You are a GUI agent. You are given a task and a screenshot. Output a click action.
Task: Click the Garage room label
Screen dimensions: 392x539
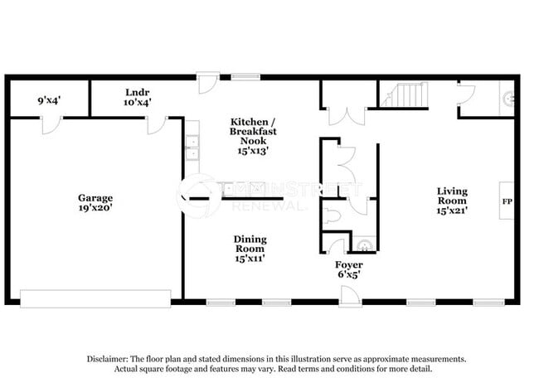[x=96, y=198]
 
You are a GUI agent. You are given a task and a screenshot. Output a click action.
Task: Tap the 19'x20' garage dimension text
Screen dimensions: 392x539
[x=96, y=209]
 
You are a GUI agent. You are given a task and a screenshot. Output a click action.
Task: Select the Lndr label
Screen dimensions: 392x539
[x=137, y=92]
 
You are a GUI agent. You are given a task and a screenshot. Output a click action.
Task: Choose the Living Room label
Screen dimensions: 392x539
[x=452, y=196]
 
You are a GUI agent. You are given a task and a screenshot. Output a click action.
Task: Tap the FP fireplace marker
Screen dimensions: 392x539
[x=506, y=201]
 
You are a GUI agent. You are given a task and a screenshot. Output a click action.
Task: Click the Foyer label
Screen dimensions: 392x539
[x=347, y=264]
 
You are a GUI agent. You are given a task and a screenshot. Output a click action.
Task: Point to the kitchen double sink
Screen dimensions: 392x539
[x=192, y=148]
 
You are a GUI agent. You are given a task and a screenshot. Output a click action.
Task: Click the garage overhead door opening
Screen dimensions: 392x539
[x=95, y=296]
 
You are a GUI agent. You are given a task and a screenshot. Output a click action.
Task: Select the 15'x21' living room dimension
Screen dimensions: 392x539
[x=452, y=211]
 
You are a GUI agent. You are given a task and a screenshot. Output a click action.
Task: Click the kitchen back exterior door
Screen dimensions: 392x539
[x=206, y=83]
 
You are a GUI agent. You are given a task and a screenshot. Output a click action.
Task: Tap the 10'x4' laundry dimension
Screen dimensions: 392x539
[x=137, y=102]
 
